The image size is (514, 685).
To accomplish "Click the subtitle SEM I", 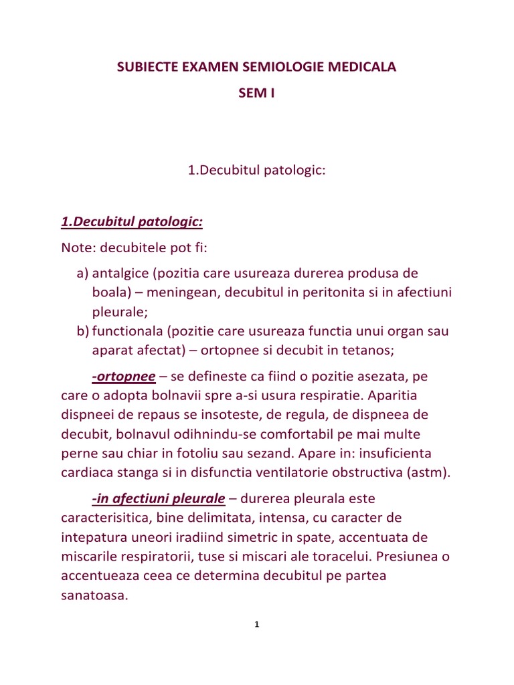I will [x=257, y=94].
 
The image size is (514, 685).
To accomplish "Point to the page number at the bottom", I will [x=257, y=625].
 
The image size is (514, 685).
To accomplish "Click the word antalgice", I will [x=120, y=274].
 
